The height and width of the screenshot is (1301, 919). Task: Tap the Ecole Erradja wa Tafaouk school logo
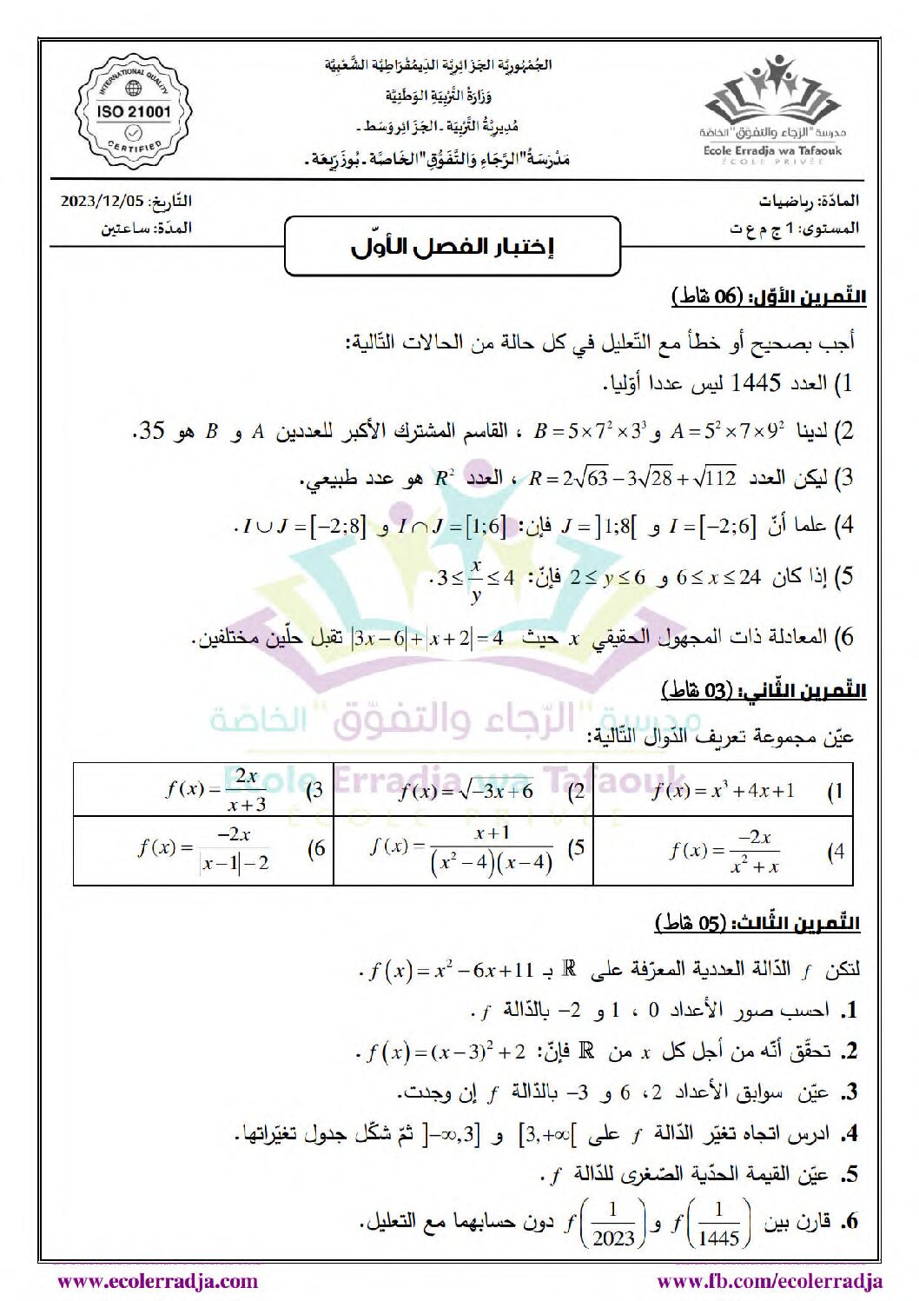point(772,110)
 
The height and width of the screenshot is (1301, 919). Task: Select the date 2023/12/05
point(102,201)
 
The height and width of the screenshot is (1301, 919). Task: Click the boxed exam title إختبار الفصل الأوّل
point(453,247)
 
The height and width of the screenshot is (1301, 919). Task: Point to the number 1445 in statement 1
point(756,382)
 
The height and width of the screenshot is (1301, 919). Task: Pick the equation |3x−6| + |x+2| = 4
point(426,639)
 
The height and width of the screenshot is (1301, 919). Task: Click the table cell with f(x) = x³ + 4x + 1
point(723,791)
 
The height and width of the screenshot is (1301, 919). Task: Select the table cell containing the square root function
point(464,791)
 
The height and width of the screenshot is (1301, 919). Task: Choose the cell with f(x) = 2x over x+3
point(203,791)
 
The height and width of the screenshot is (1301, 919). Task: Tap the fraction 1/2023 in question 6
point(613,1225)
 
